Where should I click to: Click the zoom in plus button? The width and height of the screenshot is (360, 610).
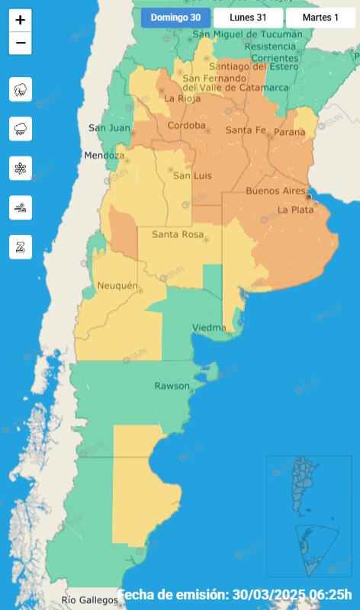tap(21, 21)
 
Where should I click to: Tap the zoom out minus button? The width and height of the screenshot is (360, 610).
tap(21, 43)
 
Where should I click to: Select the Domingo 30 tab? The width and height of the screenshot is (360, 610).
tap(175, 18)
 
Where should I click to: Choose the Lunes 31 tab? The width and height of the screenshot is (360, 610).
tap(247, 18)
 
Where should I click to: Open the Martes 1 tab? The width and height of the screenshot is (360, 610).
tap(320, 18)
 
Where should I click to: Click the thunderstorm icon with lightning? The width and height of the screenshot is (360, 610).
tap(21, 89)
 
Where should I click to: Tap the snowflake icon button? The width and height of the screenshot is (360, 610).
tap(21, 169)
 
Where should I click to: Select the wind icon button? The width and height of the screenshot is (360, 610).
tap(21, 207)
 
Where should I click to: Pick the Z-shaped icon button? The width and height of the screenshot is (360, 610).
tap(21, 246)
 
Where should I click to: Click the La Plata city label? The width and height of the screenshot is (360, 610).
tap(295, 210)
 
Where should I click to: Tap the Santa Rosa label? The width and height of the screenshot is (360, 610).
tap(178, 234)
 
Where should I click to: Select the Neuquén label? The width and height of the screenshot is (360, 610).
tap(118, 286)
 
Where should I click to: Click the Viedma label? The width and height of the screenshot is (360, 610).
tap(208, 328)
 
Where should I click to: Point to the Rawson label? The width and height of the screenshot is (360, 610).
tap(172, 386)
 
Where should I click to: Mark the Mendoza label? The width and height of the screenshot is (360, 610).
tap(104, 156)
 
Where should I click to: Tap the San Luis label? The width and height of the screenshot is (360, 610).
tap(192, 176)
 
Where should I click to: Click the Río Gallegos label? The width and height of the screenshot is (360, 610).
tap(90, 600)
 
